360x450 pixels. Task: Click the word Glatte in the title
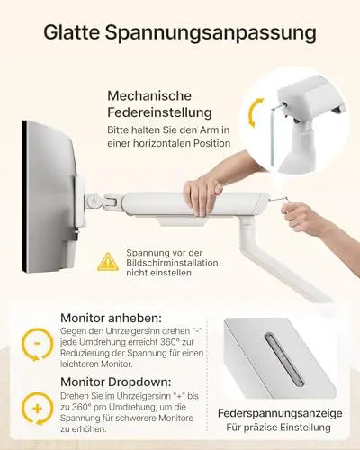coord(71,32)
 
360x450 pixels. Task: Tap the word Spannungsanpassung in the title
coord(211,34)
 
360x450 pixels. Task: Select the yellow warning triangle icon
coord(108,262)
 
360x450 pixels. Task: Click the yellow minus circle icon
coord(38,344)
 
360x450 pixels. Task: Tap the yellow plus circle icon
coord(38,409)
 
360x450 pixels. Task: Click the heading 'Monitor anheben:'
coord(111,318)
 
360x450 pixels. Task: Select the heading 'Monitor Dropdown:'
coord(116,382)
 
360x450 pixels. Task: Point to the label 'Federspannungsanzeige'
coord(280,413)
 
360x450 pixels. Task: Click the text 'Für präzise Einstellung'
coord(279,427)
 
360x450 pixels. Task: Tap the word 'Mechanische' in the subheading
coord(149,95)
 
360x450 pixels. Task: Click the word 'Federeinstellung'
coord(159,112)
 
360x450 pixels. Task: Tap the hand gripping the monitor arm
coord(202,194)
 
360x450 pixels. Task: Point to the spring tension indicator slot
coord(284,359)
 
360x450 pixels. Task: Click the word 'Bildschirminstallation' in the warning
coord(172,263)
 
